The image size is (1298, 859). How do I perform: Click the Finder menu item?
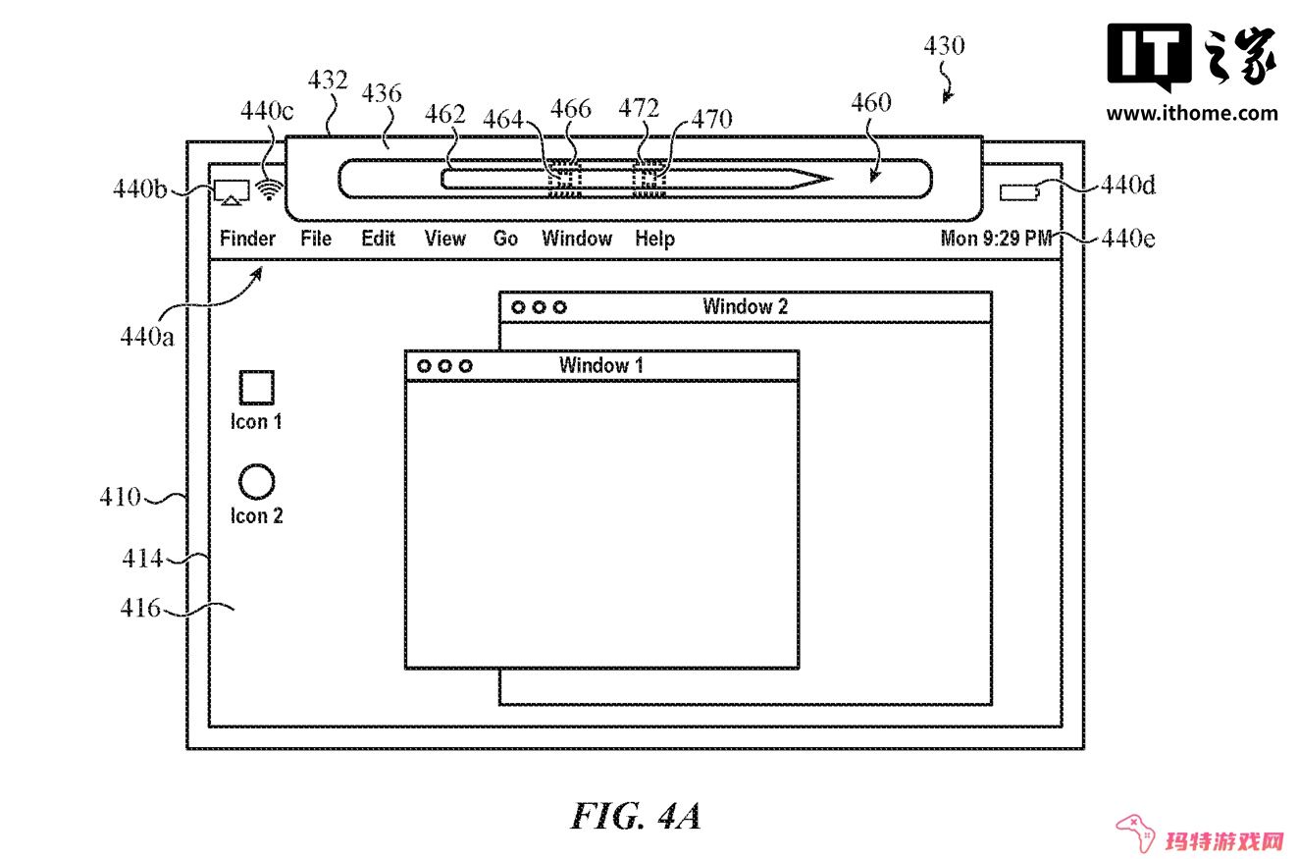pyautogui.click(x=247, y=239)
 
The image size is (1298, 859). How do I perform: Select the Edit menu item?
pyautogui.click(x=378, y=239)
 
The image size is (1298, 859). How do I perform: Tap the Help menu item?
pyautogui.click(x=654, y=239)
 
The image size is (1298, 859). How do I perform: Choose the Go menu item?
pyautogui.click(x=505, y=239)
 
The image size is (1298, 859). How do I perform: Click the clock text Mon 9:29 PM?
pyautogui.click(x=996, y=238)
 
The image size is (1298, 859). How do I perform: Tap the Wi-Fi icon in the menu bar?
pyautogui.click(x=270, y=189)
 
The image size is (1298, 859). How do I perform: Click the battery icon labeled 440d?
pyautogui.click(x=1019, y=192)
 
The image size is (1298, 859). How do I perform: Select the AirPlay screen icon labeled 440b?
pyautogui.click(x=232, y=192)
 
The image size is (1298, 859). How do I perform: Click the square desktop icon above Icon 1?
pyautogui.click(x=257, y=387)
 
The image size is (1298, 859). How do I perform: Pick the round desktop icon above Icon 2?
pyautogui.click(x=256, y=481)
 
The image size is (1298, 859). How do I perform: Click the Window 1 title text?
pyautogui.click(x=600, y=365)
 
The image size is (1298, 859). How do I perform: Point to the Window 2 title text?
pyautogui.click(x=746, y=306)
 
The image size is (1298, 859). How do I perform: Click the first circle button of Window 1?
pyautogui.click(x=424, y=366)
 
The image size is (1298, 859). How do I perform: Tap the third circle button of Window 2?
pyautogui.click(x=560, y=307)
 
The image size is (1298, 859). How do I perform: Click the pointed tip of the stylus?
pyautogui.click(x=832, y=179)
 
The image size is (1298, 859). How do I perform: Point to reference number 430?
pyautogui.click(x=944, y=46)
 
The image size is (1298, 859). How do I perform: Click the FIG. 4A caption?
pyautogui.click(x=636, y=816)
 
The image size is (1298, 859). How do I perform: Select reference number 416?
pyautogui.click(x=140, y=608)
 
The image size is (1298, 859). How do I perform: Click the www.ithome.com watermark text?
pyautogui.click(x=1192, y=113)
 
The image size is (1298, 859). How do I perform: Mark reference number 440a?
pyautogui.click(x=146, y=337)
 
